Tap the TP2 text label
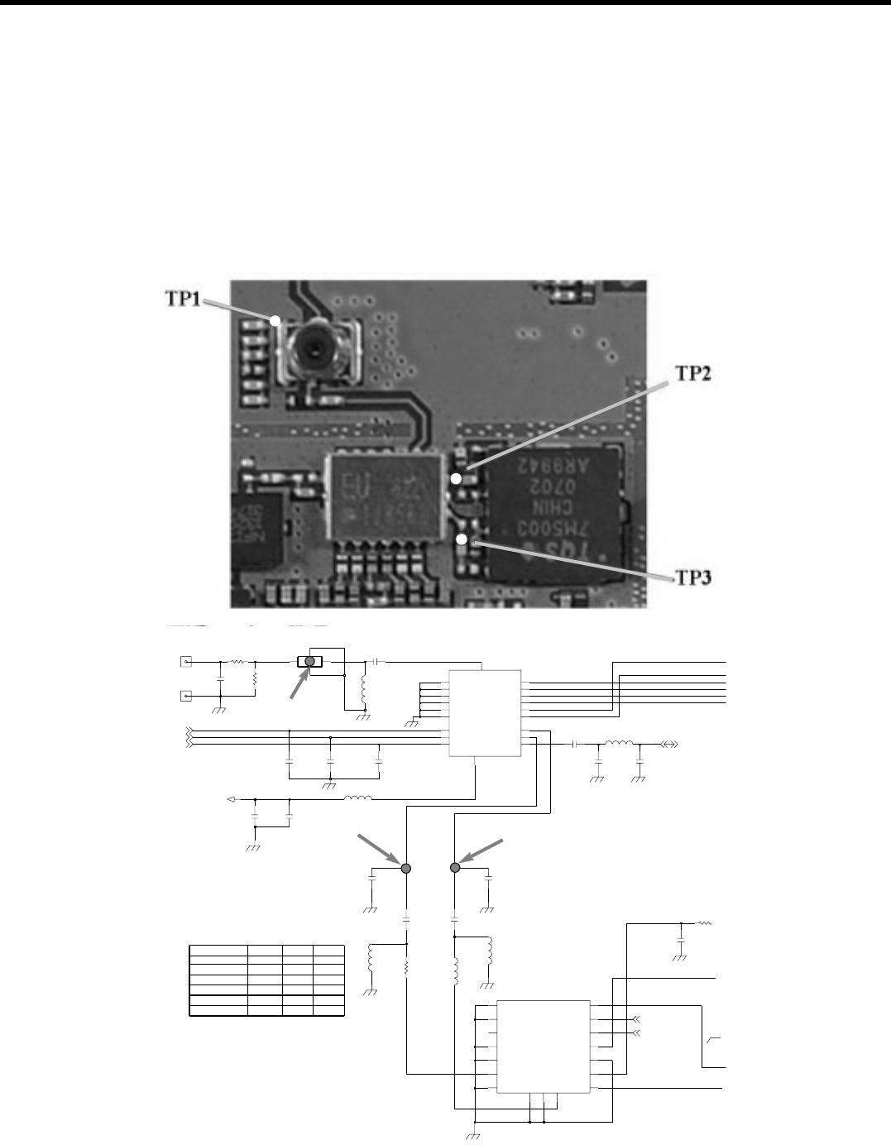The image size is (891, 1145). tap(692, 373)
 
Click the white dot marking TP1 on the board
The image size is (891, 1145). tap(277, 319)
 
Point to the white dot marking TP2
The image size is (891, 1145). tap(455, 479)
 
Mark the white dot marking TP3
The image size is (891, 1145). tap(462, 540)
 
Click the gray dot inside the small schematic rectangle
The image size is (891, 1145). tap(310, 661)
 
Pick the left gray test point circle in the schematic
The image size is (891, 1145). tap(406, 868)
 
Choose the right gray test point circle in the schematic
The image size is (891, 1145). tap(454, 867)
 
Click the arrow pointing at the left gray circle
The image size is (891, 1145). tap(379, 851)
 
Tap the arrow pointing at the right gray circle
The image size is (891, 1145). tap(483, 851)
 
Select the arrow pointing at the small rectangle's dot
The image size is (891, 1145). tap(294, 685)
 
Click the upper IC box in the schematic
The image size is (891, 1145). tap(485, 712)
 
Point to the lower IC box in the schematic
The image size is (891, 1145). tap(543, 1047)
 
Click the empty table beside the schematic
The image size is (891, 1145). tap(266, 979)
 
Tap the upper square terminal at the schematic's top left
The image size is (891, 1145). tap(186, 662)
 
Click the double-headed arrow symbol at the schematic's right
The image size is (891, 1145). tap(669, 744)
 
